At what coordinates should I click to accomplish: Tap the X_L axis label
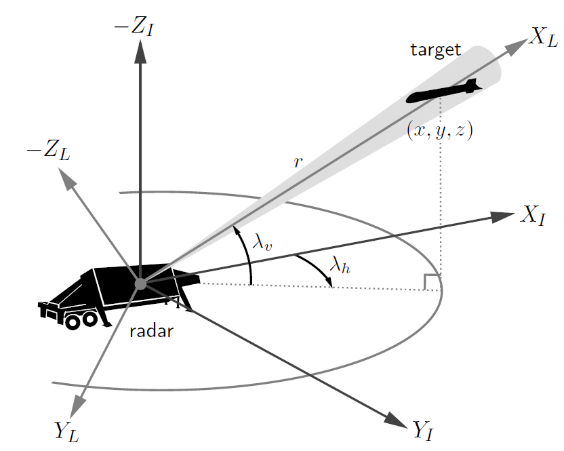point(543,38)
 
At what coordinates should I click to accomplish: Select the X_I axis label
point(533,216)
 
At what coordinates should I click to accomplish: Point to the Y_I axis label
point(423,430)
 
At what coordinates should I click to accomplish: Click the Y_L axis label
point(66,431)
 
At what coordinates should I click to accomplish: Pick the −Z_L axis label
point(48,150)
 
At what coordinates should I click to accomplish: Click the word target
point(436,50)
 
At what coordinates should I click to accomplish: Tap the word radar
point(151,331)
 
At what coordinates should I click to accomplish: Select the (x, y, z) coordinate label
point(439,130)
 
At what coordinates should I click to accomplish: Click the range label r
point(298,162)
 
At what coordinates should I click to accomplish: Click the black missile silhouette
point(444,91)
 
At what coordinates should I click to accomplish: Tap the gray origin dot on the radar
point(140,283)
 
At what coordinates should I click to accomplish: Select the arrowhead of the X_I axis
point(503,216)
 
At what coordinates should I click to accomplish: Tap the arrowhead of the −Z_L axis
point(66,179)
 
